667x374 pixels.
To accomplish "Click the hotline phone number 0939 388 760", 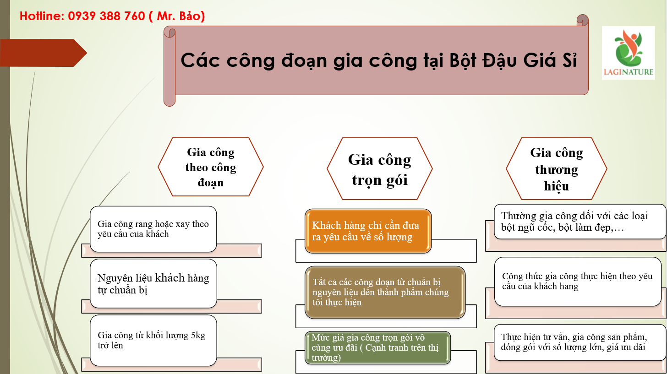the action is (106, 16).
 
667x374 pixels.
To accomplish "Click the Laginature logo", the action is (629, 53).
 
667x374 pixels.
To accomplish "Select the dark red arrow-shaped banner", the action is (44, 53).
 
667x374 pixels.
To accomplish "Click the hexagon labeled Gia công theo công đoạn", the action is (211, 167).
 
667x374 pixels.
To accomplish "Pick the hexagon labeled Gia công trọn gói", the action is (380, 168).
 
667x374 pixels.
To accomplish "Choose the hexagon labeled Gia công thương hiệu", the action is (556, 168).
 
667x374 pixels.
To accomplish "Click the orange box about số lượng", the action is (368, 231).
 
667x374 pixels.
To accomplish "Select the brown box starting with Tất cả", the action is (385, 292).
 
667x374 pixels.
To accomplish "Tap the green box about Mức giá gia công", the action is (377, 347).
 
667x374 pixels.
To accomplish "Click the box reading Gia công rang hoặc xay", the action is (153, 229).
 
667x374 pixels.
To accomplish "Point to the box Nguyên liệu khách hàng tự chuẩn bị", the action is (153, 283).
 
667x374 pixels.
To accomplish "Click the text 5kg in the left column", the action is (198, 336).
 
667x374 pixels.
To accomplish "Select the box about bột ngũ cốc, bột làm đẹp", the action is (580, 222).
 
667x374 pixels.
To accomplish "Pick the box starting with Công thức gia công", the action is (578, 282).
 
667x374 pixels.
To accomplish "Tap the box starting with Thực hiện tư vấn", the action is (578, 342).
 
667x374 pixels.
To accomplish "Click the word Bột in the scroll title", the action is (463, 60).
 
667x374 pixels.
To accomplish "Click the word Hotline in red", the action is (41, 16).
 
